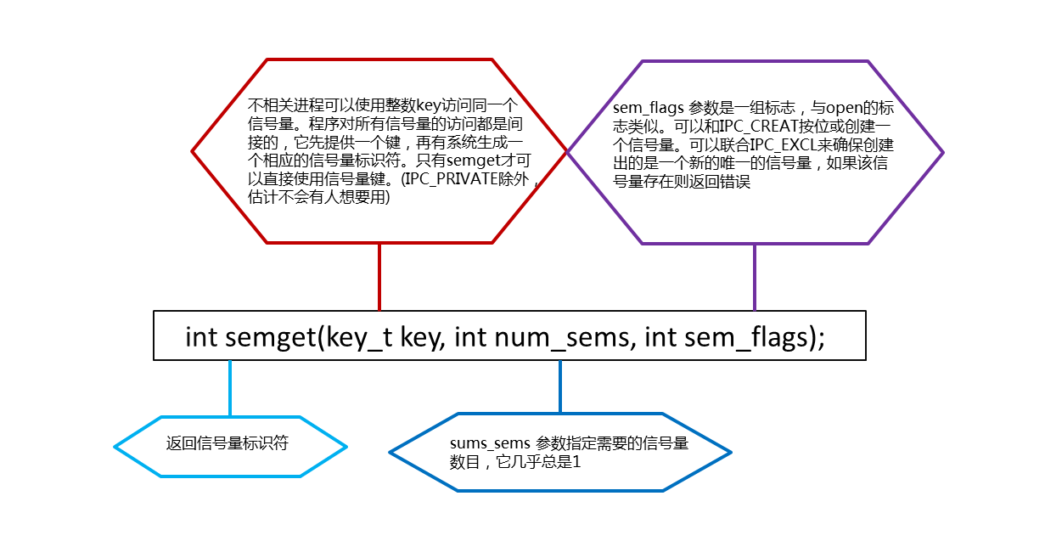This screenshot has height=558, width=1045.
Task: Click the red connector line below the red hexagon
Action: pos(379,277)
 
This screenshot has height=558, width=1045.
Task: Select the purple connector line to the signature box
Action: pos(754,277)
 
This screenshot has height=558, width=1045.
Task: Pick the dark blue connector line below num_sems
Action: pos(560,386)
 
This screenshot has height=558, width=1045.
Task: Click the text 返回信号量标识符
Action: pos(228,443)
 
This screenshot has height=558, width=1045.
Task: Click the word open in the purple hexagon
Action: pos(858,109)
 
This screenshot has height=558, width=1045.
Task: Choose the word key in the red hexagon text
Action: pos(430,106)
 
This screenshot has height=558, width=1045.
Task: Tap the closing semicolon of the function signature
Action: pos(821,338)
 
